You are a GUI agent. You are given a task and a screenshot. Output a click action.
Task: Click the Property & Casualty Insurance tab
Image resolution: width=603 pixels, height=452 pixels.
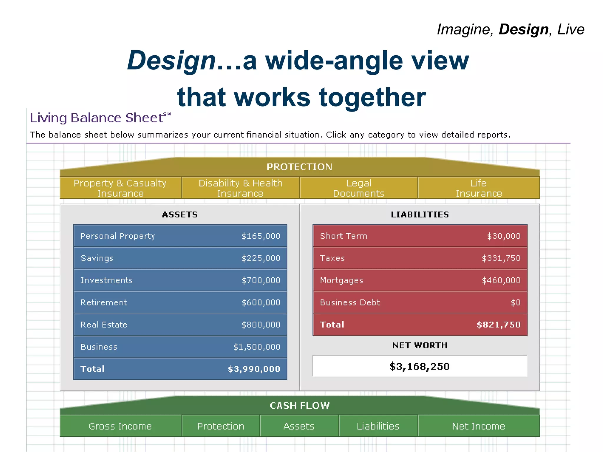coord(120,188)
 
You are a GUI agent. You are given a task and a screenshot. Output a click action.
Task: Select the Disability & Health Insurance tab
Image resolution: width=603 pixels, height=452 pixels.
coord(240,188)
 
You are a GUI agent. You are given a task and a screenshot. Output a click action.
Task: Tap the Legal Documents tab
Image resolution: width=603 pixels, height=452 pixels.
coord(359,188)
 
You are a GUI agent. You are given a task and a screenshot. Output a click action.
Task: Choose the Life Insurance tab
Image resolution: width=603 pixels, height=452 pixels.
coord(479,188)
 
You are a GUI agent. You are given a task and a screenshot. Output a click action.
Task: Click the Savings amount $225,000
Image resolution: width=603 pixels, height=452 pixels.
coord(261,258)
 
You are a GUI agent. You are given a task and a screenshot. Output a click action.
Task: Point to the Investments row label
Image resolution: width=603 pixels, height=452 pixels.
coord(107,280)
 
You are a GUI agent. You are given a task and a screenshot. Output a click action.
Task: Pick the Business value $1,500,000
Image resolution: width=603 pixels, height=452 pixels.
coord(257,347)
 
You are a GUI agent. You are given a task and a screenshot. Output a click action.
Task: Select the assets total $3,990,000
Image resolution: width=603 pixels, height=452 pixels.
coord(254,369)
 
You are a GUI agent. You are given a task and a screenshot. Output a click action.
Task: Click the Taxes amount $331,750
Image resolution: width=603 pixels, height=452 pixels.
coord(501,258)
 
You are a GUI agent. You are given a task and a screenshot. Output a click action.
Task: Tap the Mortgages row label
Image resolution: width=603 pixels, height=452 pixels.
coord(342,280)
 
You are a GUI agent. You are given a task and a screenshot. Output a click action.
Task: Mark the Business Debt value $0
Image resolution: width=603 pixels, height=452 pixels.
coord(516,303)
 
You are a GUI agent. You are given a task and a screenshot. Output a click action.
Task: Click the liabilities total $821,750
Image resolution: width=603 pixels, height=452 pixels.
coord(498,325)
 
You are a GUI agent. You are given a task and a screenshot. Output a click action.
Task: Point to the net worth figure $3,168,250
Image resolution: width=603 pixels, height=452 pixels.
coord(420,366)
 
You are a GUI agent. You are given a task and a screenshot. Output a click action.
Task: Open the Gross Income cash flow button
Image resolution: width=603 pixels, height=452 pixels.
coord(120,426)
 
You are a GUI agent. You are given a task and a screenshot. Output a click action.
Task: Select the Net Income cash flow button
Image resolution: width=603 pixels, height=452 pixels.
coord(478,426)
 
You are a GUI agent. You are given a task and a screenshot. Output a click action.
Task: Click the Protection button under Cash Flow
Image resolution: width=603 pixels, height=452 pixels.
coord(221,426)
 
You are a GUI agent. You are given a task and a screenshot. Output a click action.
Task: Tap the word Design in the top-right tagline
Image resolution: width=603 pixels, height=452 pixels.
coord(524,29)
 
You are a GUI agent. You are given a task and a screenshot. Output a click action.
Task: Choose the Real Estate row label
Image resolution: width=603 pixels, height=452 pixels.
coord(104,325)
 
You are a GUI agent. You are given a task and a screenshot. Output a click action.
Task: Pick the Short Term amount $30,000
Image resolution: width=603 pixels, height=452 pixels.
coord(504,236)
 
